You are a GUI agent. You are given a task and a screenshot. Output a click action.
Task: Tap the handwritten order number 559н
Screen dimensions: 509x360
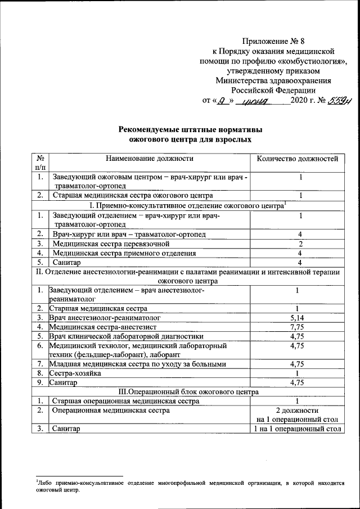click(327, 101)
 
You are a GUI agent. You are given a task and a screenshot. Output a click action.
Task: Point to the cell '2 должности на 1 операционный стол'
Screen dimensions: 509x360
click(297, 415)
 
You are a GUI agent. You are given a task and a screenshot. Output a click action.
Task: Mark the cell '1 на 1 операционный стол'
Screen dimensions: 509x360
click(297, 429)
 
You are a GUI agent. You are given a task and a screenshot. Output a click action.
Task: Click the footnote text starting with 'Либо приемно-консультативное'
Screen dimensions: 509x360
click(188, 485)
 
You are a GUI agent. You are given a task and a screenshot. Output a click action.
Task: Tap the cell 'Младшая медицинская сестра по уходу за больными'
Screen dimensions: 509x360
click(137, 363)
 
